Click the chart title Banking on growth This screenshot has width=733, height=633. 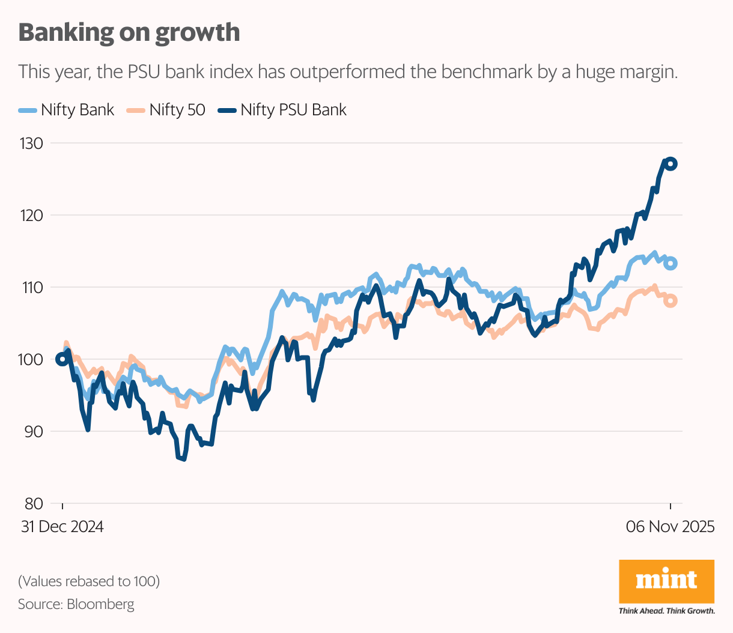129,32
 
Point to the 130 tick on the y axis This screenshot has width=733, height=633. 31,144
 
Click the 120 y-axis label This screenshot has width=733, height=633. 31,216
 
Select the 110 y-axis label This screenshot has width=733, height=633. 31,288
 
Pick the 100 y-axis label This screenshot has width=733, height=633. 31,360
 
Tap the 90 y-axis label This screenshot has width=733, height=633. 31,432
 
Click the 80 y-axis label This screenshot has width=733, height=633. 31,504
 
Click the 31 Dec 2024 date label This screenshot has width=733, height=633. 62,527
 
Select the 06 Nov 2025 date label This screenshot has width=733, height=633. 670,527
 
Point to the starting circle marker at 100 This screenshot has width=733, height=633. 62,359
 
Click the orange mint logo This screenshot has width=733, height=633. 666,581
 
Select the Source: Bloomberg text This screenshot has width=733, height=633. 76,604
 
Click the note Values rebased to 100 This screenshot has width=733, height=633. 89,581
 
